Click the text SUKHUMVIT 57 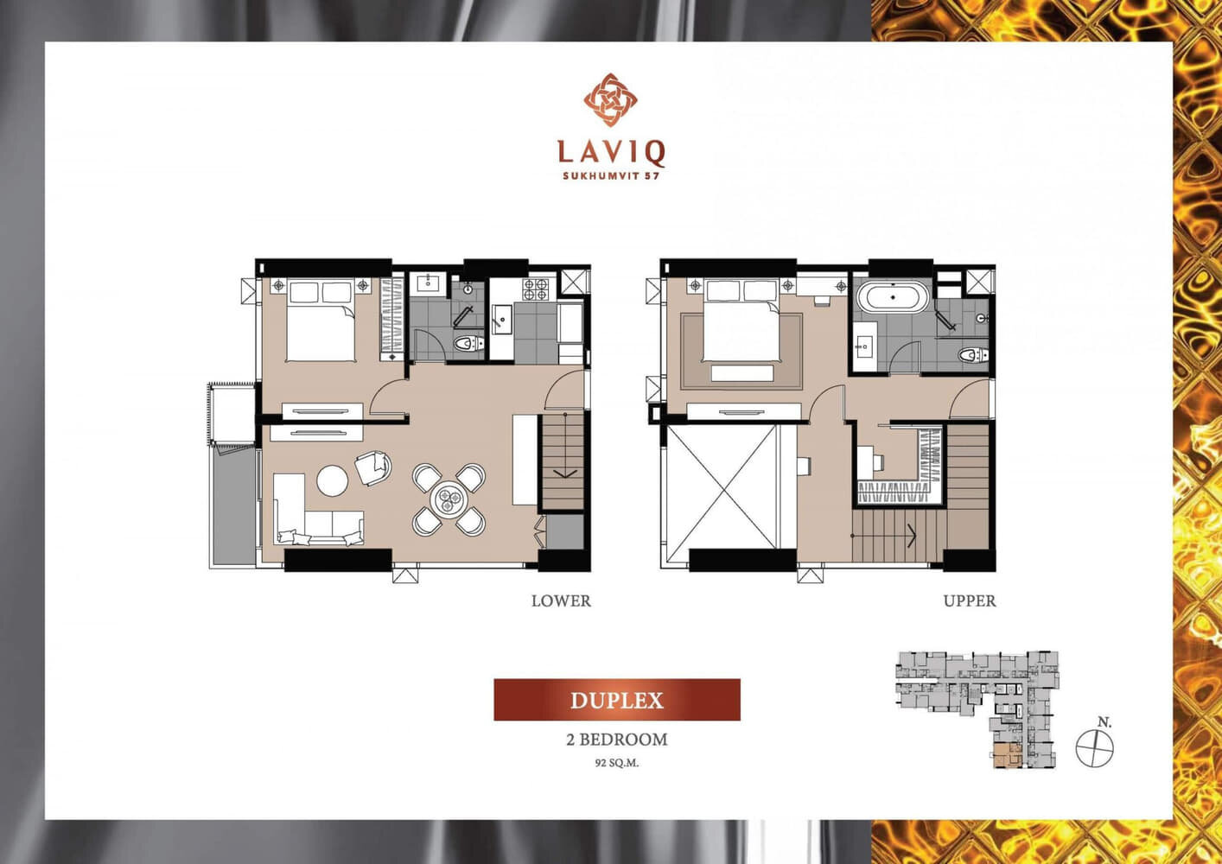(611, 176)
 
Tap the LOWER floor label (561, 601)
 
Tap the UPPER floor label (970, 601)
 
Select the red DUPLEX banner (617, 700)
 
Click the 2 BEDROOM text (617, 740)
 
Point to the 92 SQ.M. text (617, 763)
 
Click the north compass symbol (1094, 747)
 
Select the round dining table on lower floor (448, 499)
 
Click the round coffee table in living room (332, 480)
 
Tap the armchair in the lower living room (373, 467)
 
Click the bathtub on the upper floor (892, 297)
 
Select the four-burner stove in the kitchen (536, 289)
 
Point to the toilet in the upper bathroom (974, 355)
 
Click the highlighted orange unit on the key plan (1007, 755)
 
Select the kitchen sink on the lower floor (501, 319)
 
